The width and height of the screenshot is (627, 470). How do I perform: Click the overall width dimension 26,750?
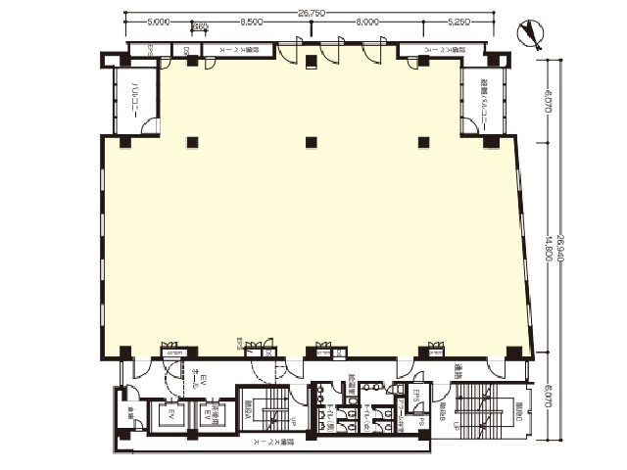coord(311,14)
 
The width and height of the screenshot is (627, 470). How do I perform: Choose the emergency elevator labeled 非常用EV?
coord(209,415)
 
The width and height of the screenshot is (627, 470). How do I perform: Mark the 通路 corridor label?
coord(459,371)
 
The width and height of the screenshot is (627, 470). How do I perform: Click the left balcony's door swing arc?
coord(150,125)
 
